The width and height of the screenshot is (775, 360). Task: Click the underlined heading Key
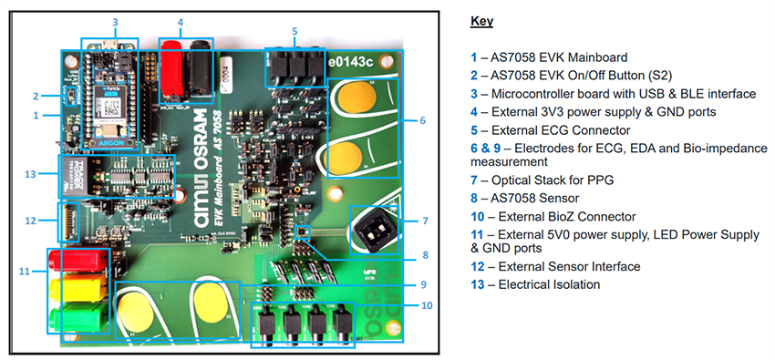click(480, 20)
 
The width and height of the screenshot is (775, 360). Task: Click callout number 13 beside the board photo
click(31, 175)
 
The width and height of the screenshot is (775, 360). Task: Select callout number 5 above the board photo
click(294, 31)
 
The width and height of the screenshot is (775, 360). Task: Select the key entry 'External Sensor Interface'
click(562, 266)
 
